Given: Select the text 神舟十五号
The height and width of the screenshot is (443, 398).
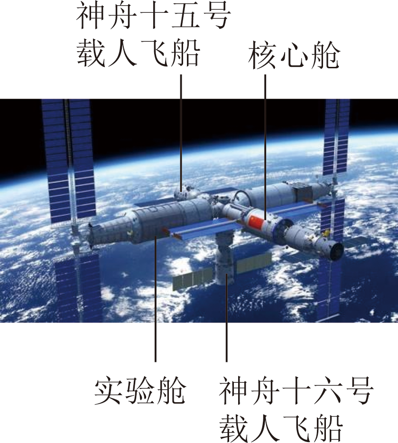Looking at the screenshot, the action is pyautogui.click(x=153, y=18).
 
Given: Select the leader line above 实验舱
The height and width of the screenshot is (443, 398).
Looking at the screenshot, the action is pyautogui.click(x=155, y=304).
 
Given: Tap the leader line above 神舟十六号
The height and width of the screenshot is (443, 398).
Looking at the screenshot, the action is pyautogui.click(x=226, y=323).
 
